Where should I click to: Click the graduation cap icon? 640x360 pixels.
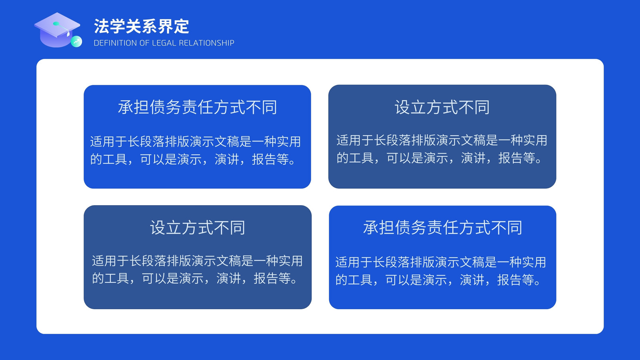tap(57, 30)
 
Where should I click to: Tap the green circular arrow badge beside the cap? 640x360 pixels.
tap(76, 42)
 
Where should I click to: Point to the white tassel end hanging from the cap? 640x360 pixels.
tap(68, 34)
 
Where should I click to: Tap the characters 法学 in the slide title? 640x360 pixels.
tap(110, 26)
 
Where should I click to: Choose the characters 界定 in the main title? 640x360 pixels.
tap(173, 26)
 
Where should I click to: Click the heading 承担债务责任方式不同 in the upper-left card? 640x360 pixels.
tap(198, 108)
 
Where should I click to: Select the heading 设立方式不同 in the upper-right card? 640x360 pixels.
tap(442, 108)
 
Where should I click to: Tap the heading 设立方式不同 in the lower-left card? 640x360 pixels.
tap(198, 228)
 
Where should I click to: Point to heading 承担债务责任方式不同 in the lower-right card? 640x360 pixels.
tap(442, 228)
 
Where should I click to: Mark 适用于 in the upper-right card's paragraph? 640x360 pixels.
tap(355, 140)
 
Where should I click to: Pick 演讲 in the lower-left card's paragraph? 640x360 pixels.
tap(228, 278)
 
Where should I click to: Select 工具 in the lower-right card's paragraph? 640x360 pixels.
tap(360, 280)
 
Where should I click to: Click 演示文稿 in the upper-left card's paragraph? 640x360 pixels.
tap(214, 142)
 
